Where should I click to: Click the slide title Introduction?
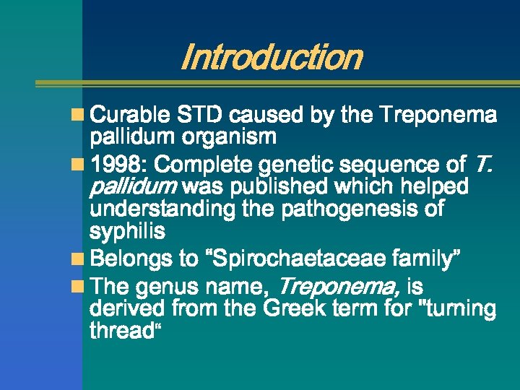(x=270, y=57)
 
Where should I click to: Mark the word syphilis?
(x=127, y=231)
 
